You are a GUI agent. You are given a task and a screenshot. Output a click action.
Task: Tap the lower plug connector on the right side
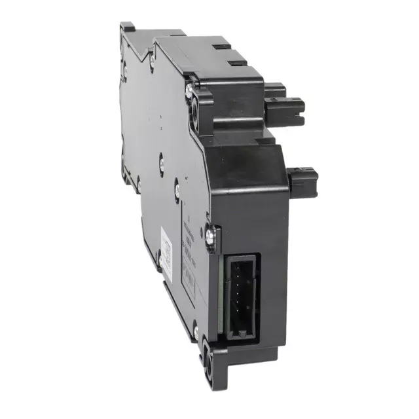[x=302, y=179]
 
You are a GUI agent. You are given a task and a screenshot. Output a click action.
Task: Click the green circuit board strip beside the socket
[x=225, y=295]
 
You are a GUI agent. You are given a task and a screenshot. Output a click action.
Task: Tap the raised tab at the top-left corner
[x=127, y=27]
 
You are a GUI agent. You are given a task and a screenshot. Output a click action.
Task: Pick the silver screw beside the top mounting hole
[x=189, y=84]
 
